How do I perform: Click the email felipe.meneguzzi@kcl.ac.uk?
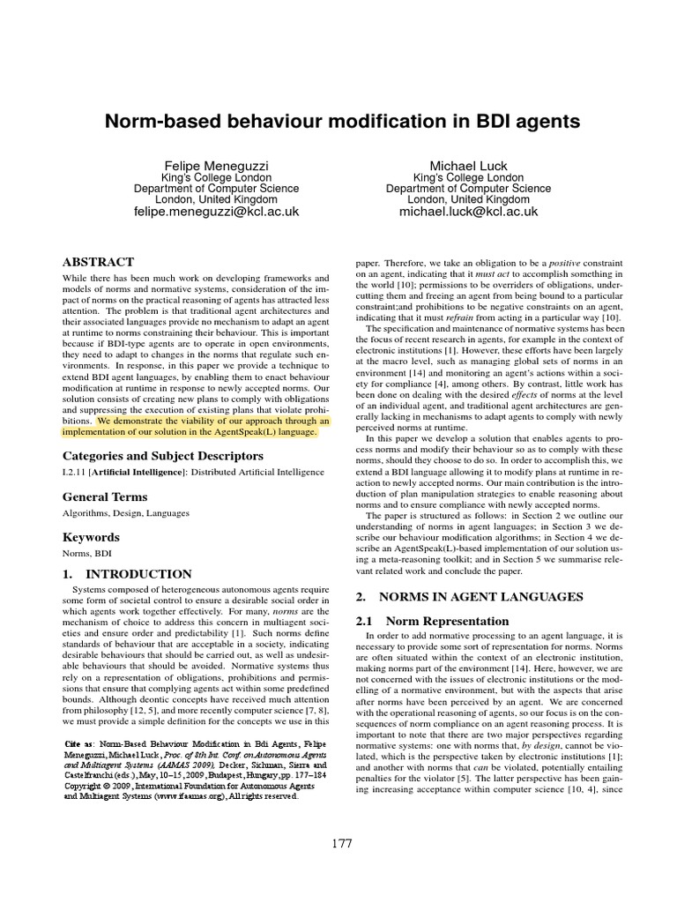pos(216,212)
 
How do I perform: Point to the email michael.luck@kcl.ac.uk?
pos(468,212)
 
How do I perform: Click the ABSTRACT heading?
pos(97,262)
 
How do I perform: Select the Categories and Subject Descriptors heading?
pos(162,456)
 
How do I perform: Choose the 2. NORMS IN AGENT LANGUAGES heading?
pos(469,596)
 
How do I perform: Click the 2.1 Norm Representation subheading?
pos(432,621)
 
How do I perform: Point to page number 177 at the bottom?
pos(339,844)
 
